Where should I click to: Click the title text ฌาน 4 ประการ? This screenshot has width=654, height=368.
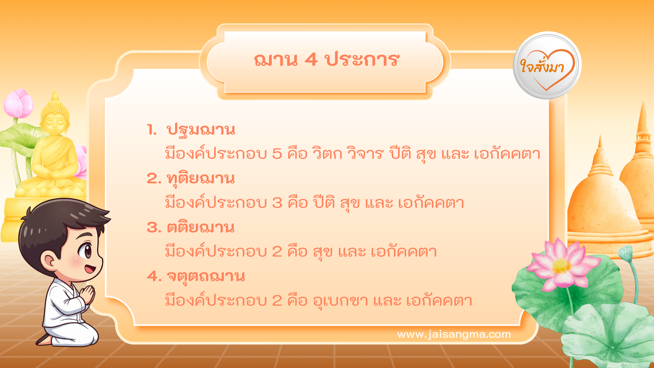326,60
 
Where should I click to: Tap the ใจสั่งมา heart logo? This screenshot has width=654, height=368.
547,66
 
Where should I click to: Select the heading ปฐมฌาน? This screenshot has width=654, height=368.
201,130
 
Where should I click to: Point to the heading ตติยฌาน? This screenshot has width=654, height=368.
201,228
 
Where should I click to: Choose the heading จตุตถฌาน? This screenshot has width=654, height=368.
205,276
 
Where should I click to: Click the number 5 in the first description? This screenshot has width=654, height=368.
277,154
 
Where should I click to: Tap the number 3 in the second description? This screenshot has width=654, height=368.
277,203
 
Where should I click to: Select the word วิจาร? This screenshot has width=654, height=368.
365,154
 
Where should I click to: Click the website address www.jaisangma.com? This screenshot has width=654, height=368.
454,334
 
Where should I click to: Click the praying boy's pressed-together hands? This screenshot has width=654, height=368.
88,294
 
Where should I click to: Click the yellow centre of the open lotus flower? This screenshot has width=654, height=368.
561,266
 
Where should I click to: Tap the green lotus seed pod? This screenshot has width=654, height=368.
625,253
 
